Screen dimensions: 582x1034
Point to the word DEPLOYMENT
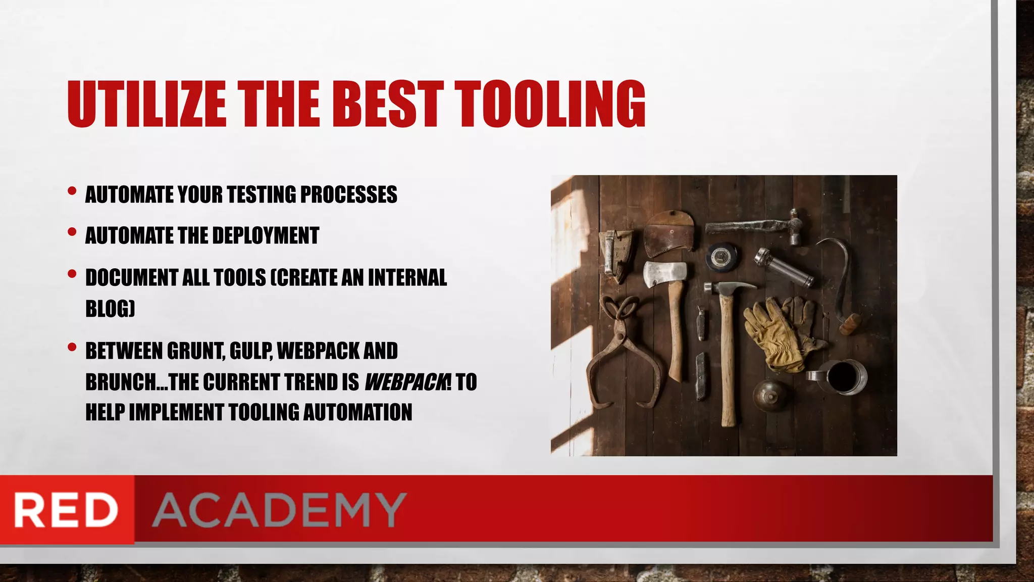pyautogui.click(x=266, y=236)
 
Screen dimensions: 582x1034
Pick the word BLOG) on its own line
pyautogui.click(x=110, y=309)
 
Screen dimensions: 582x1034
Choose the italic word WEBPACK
pyautogui.click(x=404, y=382)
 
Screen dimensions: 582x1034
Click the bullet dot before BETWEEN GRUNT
pyautogui.click(x=72, y=347)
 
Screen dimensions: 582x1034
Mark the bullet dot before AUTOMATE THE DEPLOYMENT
pyautogui.click(x=72, y=232)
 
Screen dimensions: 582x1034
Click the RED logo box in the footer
pyautogui.click(x=67, y=510)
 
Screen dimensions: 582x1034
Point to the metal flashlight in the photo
pyautogui.click(x=784, y=267)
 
